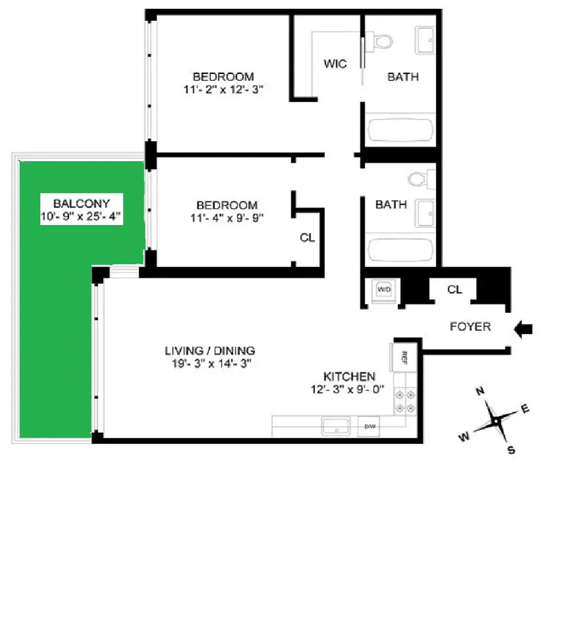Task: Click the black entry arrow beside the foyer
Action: [x=523, y=330]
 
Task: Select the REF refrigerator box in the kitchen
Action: [x=402, y=357]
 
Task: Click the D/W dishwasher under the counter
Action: [x=370, y=427]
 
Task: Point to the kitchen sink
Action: [x=336, y=427]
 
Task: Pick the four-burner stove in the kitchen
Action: [x=405, y=401]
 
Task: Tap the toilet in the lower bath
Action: [x=418, y=179]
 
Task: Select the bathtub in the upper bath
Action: [x=400, y=131]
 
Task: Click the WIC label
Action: [x=335, y=64]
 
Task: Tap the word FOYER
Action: [x=470, y=326]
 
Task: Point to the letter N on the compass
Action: [x=479, y=391]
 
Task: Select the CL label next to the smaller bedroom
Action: [x=307, y=238]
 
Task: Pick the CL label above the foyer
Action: [x=454, y=289]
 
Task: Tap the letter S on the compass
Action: [x=511, y=450]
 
